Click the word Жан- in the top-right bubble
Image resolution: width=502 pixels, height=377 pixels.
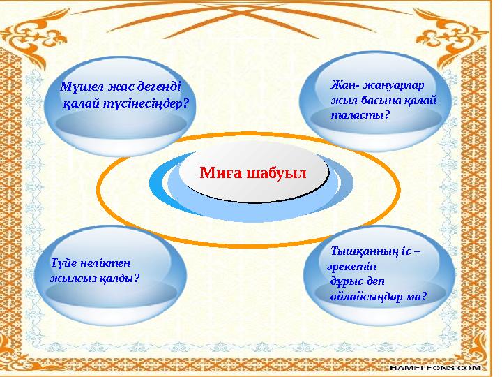344,85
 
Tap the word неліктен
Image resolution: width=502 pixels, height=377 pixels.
106,263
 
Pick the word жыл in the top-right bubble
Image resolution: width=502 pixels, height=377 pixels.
342,100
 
